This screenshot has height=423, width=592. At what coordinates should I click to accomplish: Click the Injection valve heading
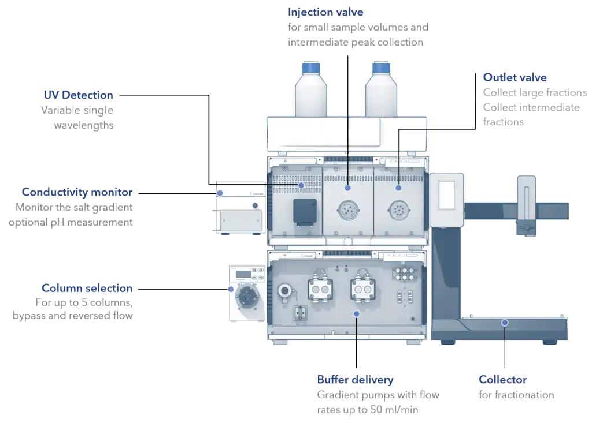point(325,12)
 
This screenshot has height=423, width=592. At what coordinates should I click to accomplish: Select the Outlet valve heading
point(515,77)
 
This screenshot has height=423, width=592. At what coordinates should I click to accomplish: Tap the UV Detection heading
point(78,95)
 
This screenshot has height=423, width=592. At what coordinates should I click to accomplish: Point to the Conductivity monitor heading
point(77,192)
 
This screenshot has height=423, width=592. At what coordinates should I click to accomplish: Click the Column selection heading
point(87,288)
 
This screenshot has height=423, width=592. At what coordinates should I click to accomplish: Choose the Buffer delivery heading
point(355,380)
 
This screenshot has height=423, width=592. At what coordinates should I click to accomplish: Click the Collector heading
point(502,380)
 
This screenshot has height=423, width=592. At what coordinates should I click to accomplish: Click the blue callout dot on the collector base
point(505,322)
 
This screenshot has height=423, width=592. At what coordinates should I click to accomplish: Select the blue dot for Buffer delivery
point(357,313)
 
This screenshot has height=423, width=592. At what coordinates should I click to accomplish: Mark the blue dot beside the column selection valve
point(231,289)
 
